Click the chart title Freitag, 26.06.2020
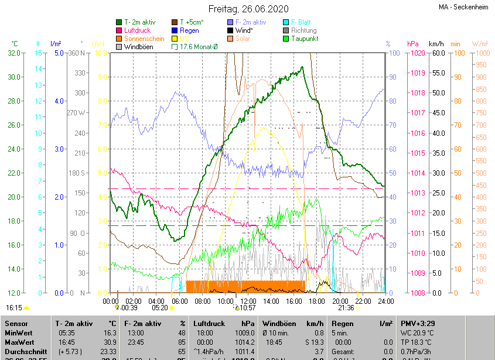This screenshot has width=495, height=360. (248, 9)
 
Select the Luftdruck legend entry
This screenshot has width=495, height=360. (138, 30)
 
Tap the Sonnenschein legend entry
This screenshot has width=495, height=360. (144, 38)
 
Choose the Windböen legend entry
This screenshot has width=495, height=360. (139, 46)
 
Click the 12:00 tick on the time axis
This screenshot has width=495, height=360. (248, 301)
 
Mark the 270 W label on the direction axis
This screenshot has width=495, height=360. (76, 112)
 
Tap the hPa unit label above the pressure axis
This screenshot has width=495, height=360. (412, 44)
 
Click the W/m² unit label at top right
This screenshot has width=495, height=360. (480, 44)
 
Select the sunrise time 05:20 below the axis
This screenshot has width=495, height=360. (159, 307)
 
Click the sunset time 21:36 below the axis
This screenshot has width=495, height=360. (346, 307)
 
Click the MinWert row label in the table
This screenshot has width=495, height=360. (19, 332)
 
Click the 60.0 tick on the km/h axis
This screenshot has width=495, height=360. (436, 53)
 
